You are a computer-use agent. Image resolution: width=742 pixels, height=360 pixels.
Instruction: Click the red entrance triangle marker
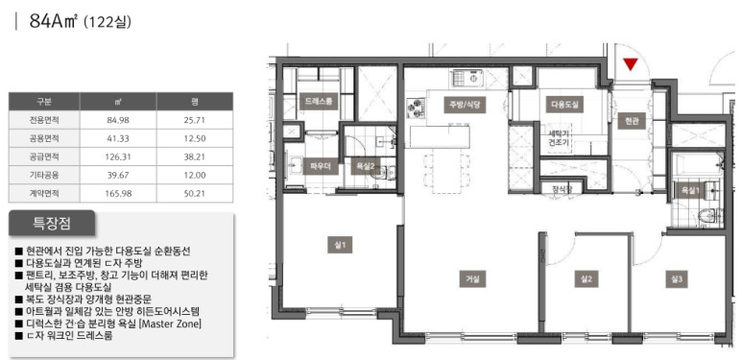[x=631, y=64]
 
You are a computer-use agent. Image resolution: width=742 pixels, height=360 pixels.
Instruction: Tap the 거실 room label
[x=472, y=279]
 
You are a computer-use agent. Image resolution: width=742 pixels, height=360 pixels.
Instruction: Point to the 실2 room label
[x=586, y=279]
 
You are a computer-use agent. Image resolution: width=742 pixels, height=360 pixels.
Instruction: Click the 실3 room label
[x=676, y=279]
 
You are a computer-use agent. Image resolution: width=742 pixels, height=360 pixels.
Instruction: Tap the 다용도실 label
[x=564, y=105]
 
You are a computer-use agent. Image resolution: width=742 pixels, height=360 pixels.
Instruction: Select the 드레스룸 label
[x=319, y=101]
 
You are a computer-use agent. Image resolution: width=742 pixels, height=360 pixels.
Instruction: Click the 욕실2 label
[x=366, y=166]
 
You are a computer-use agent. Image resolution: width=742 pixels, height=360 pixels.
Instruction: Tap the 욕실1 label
[x=690, y=191]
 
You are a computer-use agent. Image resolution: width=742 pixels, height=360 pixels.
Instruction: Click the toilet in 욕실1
[x=708, y=216]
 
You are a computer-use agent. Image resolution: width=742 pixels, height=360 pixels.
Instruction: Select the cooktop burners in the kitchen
[x=416, y=108]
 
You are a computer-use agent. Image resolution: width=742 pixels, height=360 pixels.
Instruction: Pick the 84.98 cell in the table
[x=118, y=120]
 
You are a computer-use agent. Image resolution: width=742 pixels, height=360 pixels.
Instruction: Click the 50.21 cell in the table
[x=195, y=194]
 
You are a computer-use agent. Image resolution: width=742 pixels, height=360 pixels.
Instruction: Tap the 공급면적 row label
[x=44, y=156]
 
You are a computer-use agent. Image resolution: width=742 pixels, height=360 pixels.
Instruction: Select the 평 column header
[x=195, y=102]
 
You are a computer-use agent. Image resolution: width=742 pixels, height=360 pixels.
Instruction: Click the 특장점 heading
[x=52, y=223]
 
